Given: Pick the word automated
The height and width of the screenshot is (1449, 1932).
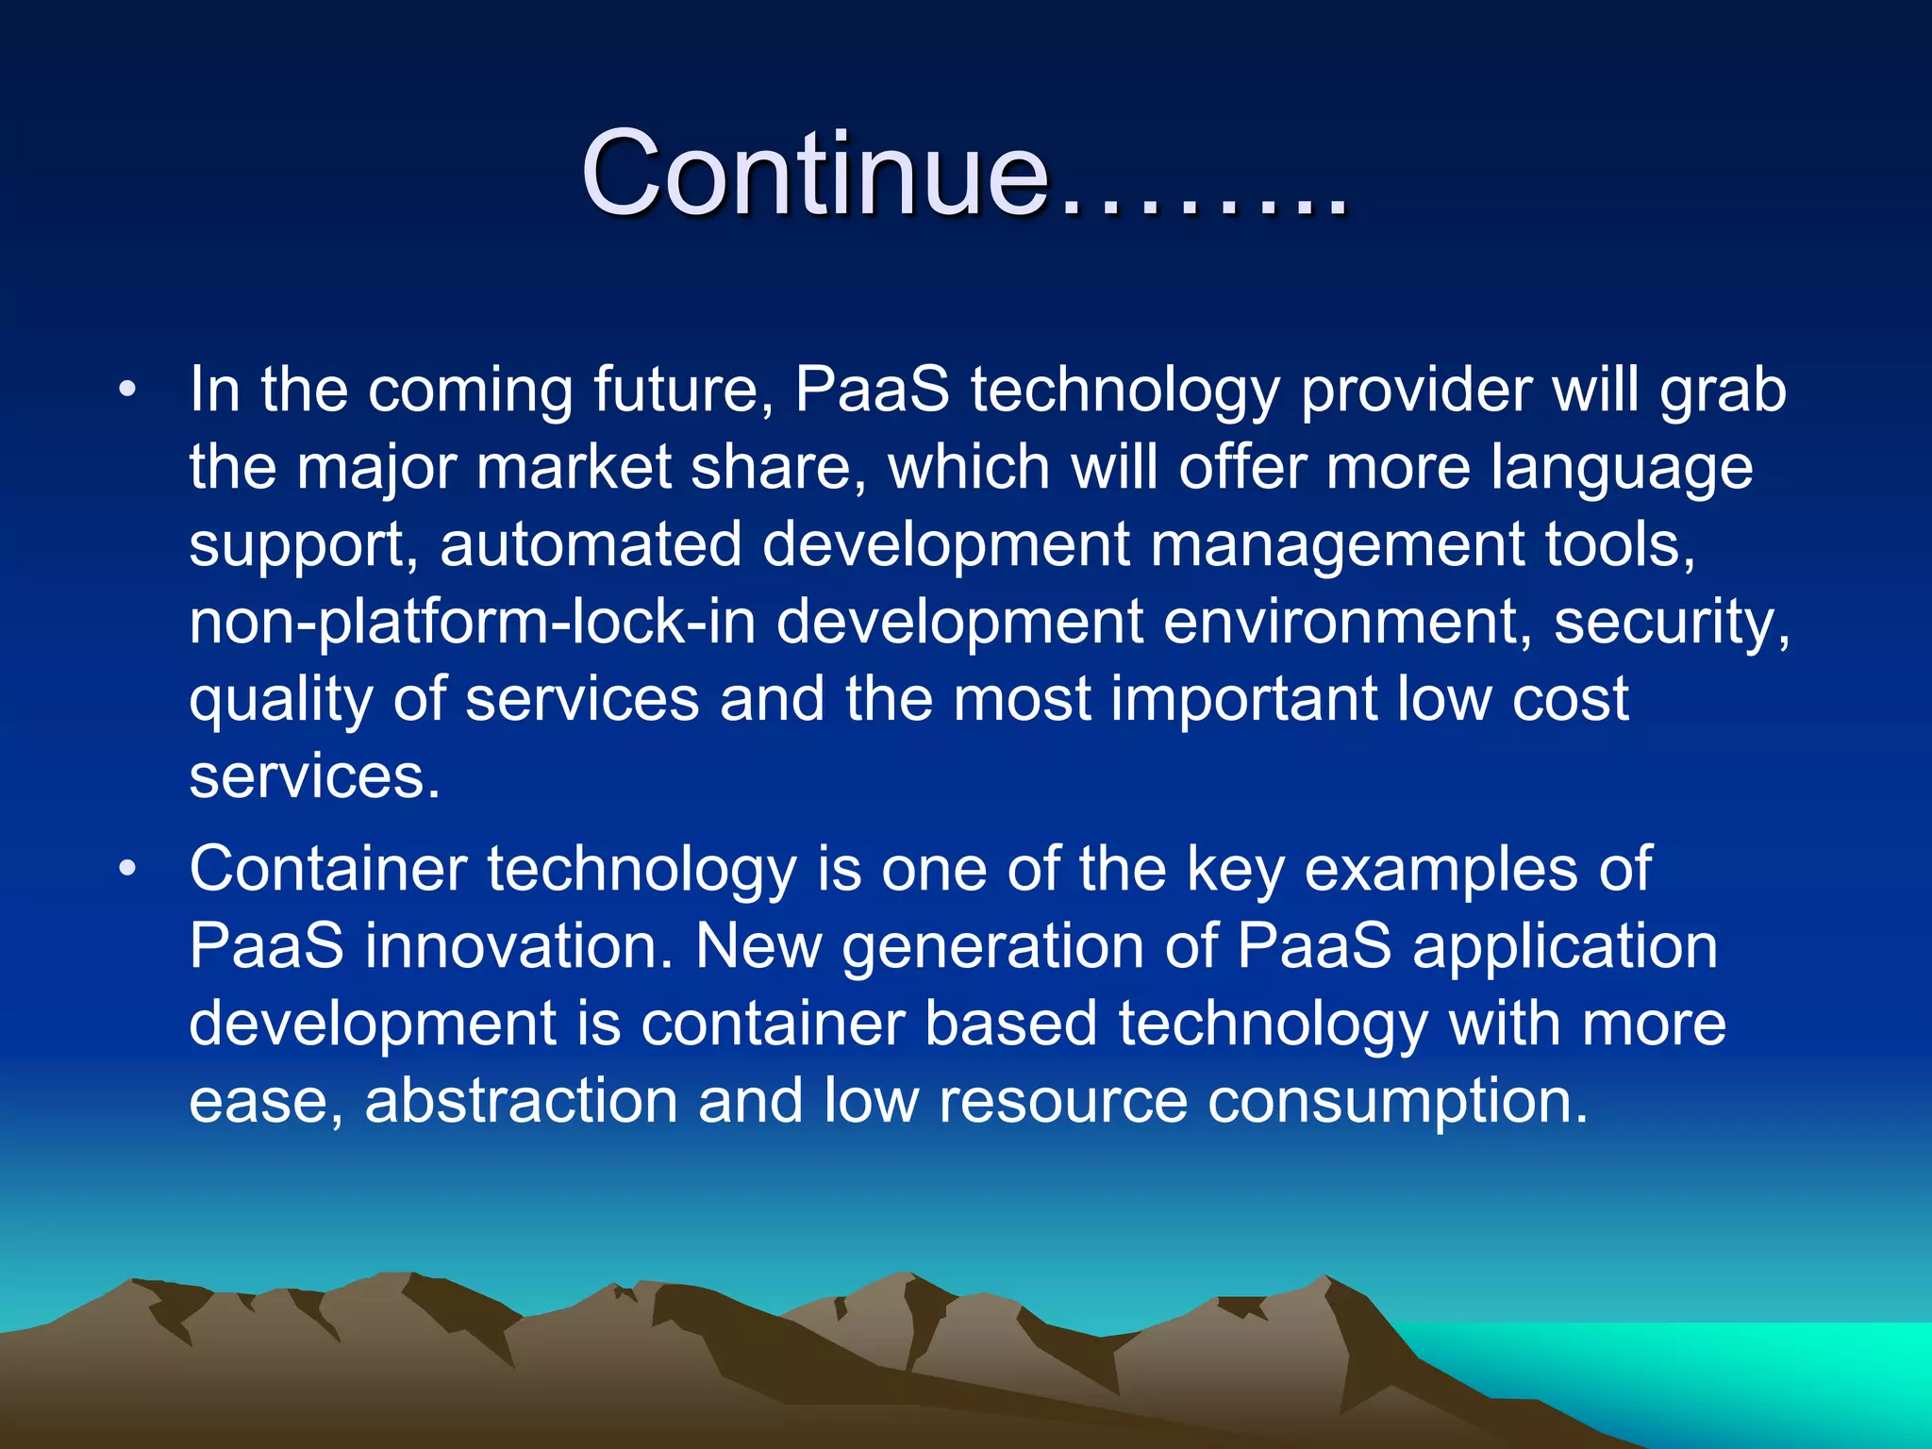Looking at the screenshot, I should tap(591, 545).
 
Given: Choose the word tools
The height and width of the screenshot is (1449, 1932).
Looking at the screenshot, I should tap(1619, 544).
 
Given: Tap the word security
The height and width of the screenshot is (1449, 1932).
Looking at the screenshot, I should tap(1671, 623).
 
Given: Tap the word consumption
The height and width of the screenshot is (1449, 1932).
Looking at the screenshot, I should tap(1397, 1102).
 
